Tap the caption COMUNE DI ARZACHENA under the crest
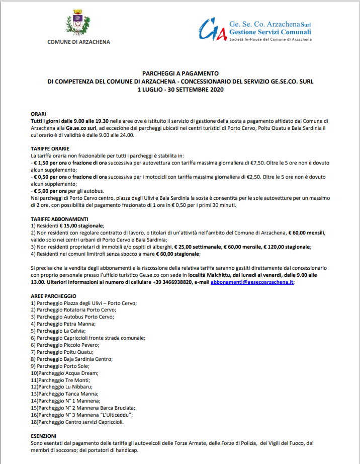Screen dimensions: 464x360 pos(78,42)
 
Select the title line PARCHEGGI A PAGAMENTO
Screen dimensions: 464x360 pos(180,73)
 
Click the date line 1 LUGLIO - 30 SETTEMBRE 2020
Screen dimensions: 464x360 pos(180,89)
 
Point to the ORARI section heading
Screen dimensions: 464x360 pos(38,114)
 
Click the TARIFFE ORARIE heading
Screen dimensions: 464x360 pos(50,149)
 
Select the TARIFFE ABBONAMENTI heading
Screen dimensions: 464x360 pos(59,219)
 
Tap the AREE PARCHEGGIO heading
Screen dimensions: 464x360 pos(53,296)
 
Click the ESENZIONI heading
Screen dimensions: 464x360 pos(43,436)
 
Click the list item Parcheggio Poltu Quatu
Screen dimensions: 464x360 pos(63,352)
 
